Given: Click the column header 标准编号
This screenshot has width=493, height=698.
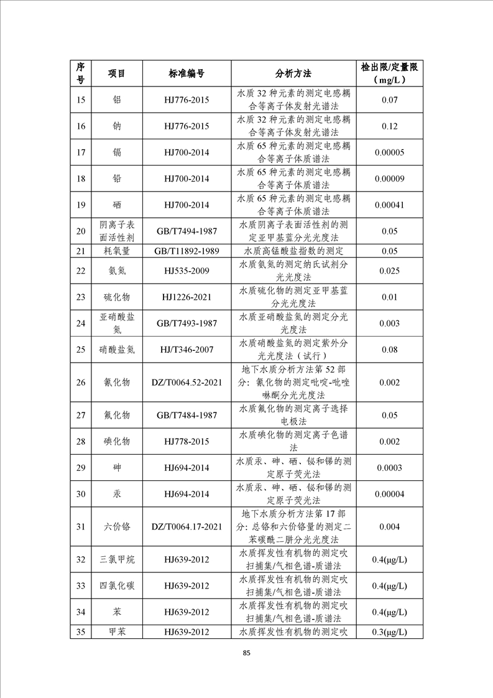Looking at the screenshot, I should point(187,73).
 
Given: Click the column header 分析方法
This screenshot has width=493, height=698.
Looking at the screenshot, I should point(293,73).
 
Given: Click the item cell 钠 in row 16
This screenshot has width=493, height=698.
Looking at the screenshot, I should point(117,126).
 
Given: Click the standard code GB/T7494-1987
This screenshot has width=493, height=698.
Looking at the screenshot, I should point(187,231).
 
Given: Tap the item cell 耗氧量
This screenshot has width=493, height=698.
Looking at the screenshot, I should point(117,251).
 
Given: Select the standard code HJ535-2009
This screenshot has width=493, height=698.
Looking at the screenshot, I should point(187,271).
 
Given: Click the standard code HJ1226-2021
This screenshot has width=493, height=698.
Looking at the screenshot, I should point(187,297).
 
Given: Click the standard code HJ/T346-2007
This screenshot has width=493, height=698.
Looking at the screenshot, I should point(187,350).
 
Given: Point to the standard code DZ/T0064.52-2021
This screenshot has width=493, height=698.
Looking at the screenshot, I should point(187,382).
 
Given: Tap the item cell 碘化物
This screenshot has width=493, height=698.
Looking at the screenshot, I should point(117,441).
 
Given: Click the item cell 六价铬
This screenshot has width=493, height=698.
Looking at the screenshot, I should point(117,527).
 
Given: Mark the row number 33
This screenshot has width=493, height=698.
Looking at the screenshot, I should point(80,586).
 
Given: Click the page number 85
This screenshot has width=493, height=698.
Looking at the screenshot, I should point(247,653).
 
